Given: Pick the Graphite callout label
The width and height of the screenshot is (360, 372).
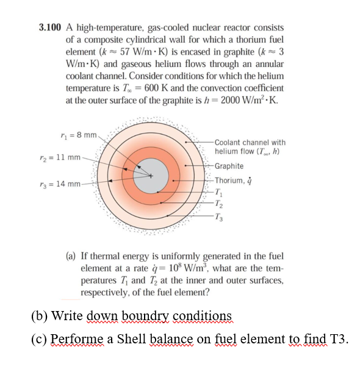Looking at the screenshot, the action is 229,166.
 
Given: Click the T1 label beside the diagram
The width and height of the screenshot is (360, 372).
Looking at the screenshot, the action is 219,191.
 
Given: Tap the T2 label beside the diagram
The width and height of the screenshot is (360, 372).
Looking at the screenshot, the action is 220,203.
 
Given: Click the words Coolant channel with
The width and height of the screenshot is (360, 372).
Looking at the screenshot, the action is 250,142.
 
